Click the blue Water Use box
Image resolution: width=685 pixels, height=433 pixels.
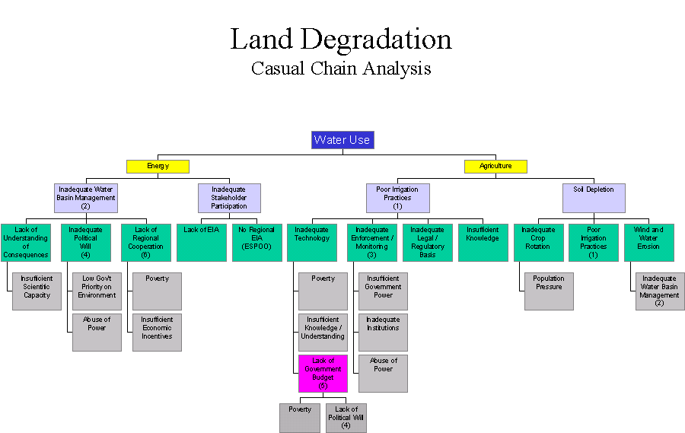coord(342,140)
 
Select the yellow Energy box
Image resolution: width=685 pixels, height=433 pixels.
coord(158,166)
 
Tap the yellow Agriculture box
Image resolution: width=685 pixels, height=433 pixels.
coord(495,166)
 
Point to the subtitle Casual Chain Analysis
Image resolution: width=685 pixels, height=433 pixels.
coord(341,68)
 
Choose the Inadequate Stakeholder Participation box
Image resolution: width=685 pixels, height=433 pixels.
coord(229,198)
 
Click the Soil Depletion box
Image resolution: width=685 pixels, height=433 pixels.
coord(594,198)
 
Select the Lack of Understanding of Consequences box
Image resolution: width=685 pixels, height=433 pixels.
coord(26,242)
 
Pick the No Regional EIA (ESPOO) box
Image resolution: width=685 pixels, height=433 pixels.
coord(256,242)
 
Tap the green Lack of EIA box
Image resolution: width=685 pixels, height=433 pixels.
coord(201,242)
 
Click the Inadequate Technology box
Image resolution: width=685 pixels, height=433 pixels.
coord(312,242)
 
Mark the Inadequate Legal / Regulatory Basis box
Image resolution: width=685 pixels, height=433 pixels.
coord(427,242)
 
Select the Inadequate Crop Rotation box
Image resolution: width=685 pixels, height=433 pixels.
coord(538,242)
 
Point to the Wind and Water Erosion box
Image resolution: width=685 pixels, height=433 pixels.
coord(648,242)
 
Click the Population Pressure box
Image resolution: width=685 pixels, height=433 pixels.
coord(549,291)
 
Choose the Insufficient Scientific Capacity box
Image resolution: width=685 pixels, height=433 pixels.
coord(37,291)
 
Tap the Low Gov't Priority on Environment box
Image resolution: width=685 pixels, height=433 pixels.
coord(97,291)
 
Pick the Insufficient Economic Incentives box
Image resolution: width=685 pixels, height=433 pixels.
coord(157,332)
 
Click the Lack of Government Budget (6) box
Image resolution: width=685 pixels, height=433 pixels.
coord(323,373)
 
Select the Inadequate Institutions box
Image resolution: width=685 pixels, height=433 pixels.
coord(383,332)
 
